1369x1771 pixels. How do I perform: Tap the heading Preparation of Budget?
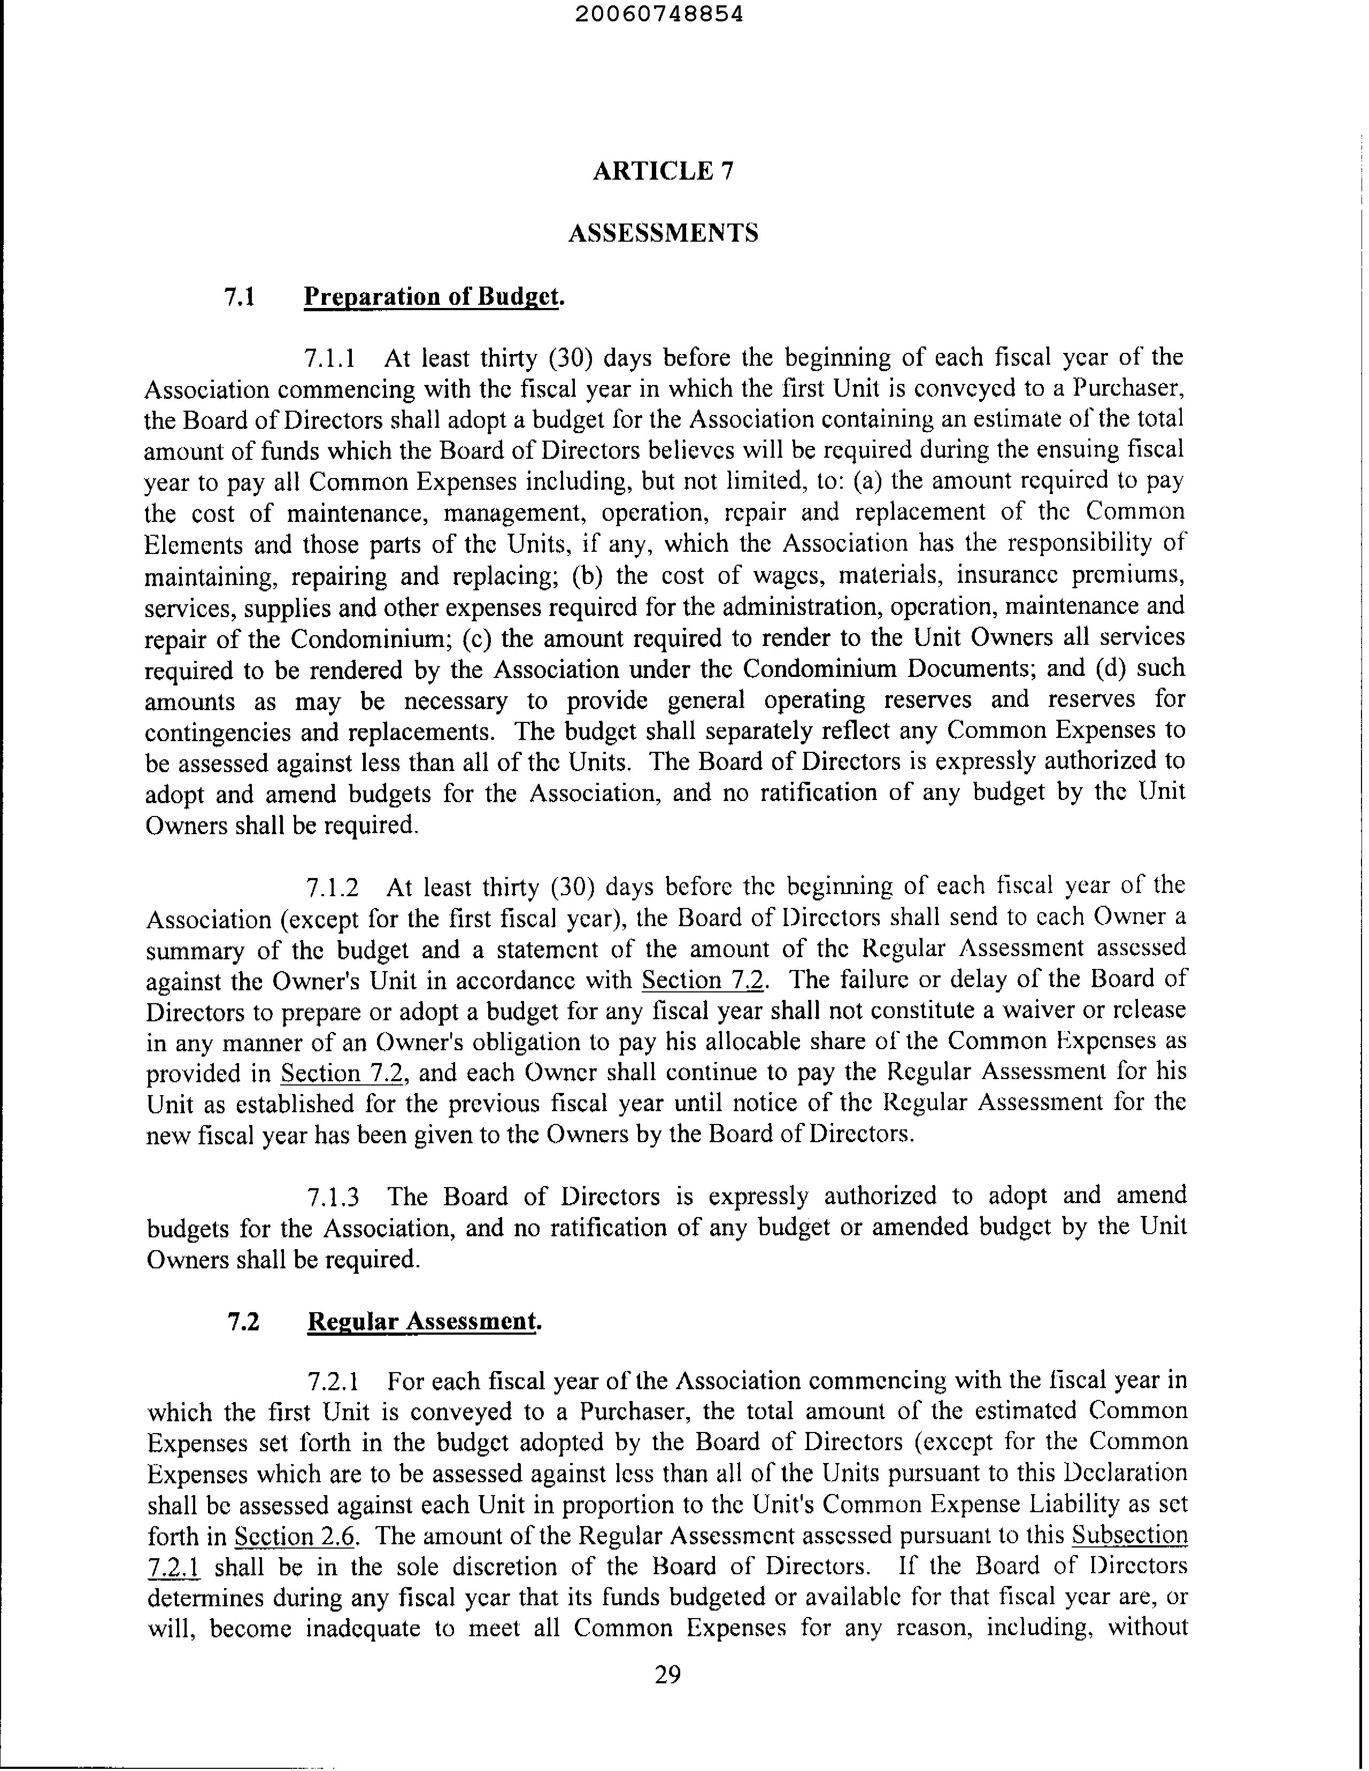point(433,297)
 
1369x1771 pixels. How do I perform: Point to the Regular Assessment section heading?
point(424,1322)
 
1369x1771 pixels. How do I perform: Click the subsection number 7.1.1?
point(329,358)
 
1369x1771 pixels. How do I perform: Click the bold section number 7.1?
point(240,297)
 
